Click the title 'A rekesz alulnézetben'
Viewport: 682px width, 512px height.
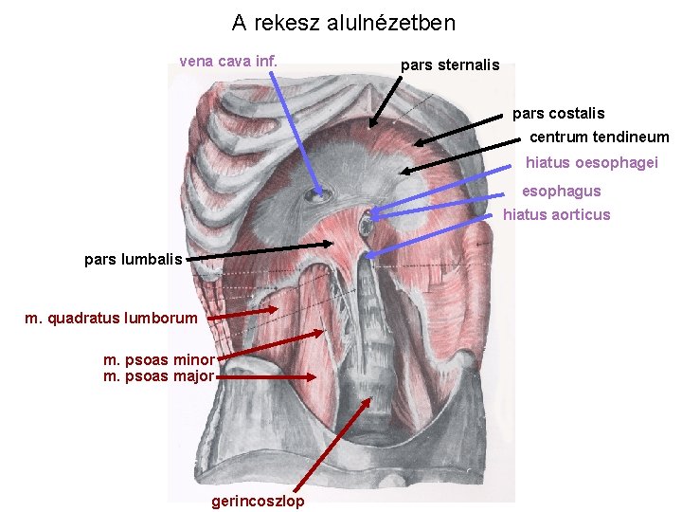point(343,22)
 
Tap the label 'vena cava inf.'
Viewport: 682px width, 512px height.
point(228,62)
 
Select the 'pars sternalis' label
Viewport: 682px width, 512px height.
point(450,65)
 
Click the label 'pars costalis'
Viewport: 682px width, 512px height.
point(558,114)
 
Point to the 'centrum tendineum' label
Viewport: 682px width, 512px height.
point(599,137)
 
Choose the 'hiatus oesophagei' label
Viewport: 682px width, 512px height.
point(591,163)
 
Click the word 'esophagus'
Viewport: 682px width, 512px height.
point(561,192)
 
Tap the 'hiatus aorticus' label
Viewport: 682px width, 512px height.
point(556,215)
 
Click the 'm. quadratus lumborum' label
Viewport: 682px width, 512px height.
point(111,319)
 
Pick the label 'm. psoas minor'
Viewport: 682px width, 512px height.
point(159,359)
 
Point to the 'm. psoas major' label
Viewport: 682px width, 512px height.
point(159,376)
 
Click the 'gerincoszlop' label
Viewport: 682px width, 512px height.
point(258,502)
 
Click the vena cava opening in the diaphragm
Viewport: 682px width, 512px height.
point(317,197)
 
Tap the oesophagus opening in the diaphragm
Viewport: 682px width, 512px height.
point(367,224)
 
